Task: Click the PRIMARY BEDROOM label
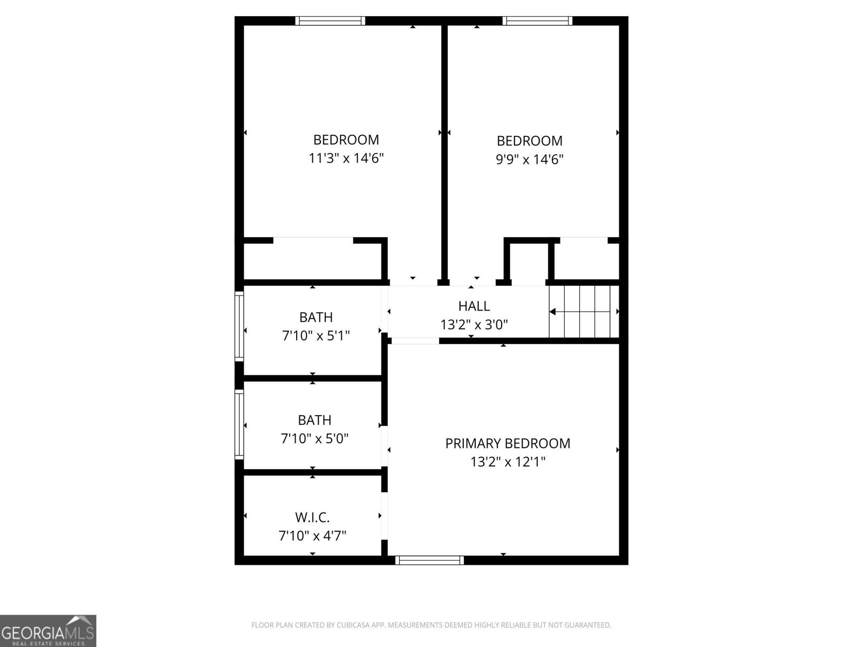click(x=508, y=443)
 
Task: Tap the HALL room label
click(x=474, y=306)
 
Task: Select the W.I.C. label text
click(x=312, y=518)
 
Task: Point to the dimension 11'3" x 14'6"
click(x=346, y=158)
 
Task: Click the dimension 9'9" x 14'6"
click(x=530, y=159)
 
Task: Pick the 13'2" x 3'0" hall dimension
click(x=474, y=325)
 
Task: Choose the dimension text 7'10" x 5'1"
click(x=316, y=335)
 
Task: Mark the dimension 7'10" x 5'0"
click(x=314, y=438)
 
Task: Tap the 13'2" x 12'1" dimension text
click(x=508, y=462)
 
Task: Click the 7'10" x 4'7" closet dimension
click(x=312, y=536)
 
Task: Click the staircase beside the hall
click(x=584, y=312)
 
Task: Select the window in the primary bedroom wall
click(x=429, y=560)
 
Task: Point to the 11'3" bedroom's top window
click(x=330, y=21)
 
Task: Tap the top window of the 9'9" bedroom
click(x=537, y=21)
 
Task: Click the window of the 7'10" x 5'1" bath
click(x=239, y=326)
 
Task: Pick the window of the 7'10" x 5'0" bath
click(x=239, y=425)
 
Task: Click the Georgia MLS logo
click(x=48, y=630)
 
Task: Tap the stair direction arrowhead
click(x=553, y=312)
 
